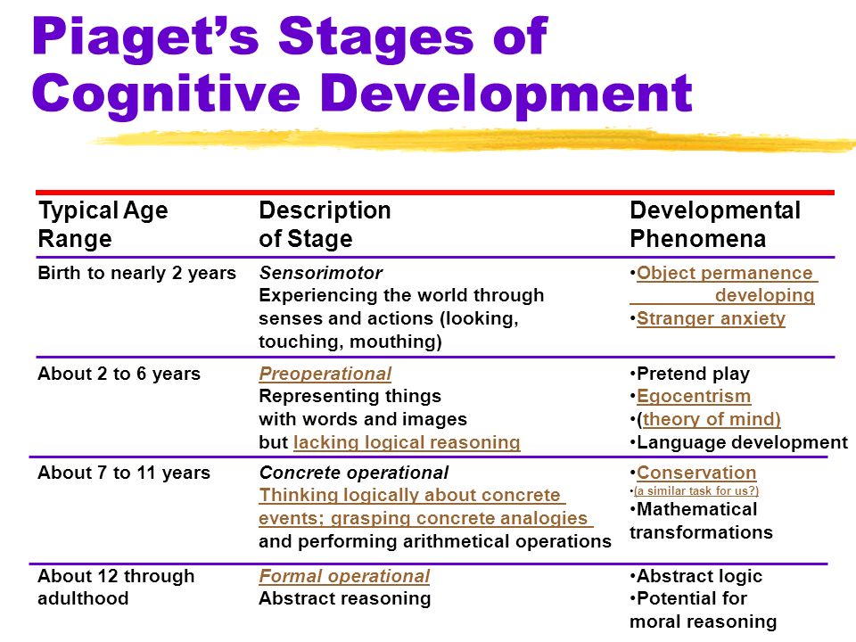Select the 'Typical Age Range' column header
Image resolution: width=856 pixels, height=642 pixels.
click(103, 225)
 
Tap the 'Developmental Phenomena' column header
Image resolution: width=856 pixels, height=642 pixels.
click(715, 225)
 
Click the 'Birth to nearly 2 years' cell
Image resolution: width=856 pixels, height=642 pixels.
click(137, 273)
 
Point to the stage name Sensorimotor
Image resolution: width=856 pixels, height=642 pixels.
click(320, 273)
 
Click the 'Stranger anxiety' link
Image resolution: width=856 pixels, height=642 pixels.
click(711, 318)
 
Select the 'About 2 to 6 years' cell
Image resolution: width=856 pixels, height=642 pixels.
click(119, 374)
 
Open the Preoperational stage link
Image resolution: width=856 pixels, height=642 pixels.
click(325, 374)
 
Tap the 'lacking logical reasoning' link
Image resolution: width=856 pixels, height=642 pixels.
click(407, 442)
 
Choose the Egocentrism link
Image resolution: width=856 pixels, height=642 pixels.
click(694, 396)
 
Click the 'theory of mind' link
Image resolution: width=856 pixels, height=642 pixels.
click(712, 419)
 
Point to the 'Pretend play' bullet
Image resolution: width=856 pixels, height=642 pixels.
click(690, 374)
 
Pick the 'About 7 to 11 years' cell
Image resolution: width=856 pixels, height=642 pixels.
click(124, 473)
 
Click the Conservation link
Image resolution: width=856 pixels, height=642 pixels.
click(696, 473)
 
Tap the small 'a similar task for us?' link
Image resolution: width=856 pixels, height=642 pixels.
click(696, 490)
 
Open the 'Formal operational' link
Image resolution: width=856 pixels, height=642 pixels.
click(344, 576)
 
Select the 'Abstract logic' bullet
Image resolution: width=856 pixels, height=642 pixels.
click(696, 576)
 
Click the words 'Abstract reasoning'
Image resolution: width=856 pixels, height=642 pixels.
click(345, 599)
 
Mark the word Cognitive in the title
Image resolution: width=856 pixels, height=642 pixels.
click(167, 94)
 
